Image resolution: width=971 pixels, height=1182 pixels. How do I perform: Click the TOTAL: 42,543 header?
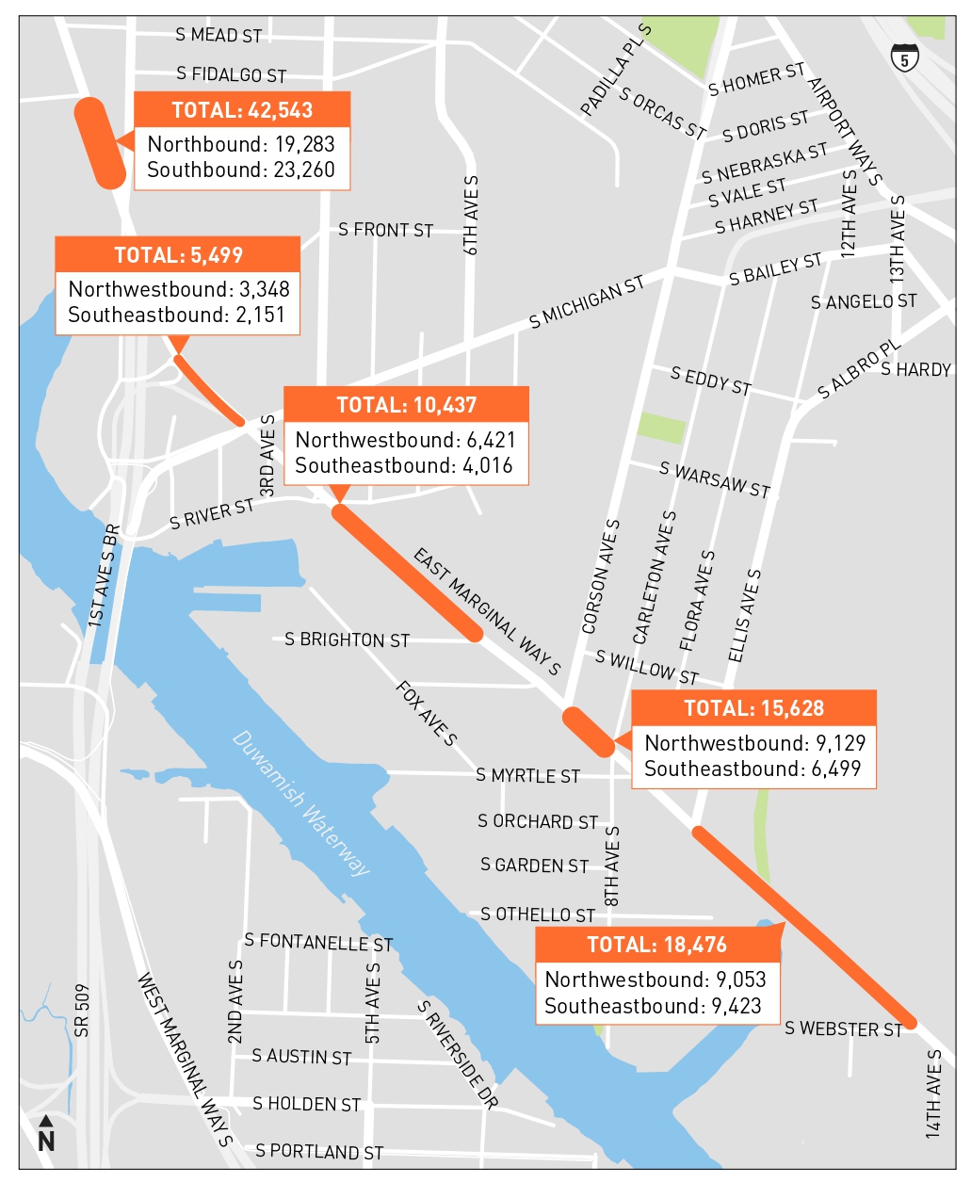coord(242,110)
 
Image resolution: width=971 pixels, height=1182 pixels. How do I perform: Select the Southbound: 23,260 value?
coord(241,170)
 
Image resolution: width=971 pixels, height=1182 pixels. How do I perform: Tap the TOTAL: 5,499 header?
coord(178,255)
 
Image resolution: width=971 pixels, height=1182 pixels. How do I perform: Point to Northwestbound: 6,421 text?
coord(405,440)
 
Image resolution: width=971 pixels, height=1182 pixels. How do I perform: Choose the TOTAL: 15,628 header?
coord(753,708)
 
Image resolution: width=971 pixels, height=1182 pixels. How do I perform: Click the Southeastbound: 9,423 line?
coord(653,1006)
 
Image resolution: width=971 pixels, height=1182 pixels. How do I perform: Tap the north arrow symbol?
coord(45,1134)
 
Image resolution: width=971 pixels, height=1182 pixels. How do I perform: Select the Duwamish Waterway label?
coord(300,803)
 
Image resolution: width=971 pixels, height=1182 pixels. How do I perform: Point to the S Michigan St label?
coord(586,302)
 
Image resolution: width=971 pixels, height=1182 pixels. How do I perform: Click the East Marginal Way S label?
coord(487,612)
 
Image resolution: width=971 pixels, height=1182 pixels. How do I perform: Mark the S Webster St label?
coord(843,1028)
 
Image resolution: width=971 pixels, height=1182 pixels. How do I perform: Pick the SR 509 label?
coord(82,1011)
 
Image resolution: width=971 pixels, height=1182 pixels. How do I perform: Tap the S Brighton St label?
coord(347,640)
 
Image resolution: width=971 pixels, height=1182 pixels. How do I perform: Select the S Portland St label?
coord(319,1151)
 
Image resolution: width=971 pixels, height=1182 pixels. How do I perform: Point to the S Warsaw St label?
coord(715,480)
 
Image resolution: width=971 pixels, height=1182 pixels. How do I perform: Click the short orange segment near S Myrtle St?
coord(589,732)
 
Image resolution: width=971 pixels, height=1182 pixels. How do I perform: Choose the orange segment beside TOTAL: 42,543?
coord(100,142)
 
